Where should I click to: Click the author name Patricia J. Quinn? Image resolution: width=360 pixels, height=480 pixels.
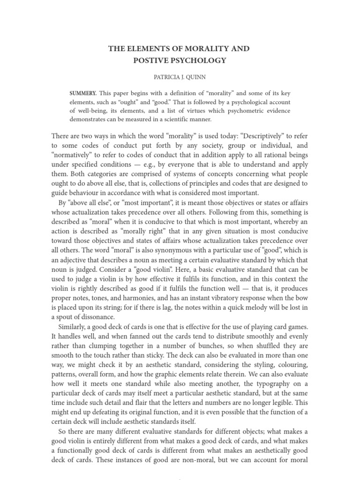(180, 76)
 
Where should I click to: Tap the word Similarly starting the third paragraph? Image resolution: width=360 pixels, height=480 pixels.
(74, 326)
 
